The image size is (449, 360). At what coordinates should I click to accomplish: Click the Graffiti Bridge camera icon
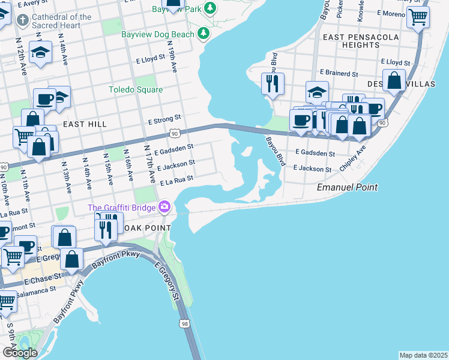[164, 208]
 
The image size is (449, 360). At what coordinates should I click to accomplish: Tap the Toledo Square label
[136, 90]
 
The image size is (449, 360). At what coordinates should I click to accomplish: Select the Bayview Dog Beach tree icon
[205, 33]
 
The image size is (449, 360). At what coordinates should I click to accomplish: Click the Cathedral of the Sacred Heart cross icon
[23, 21]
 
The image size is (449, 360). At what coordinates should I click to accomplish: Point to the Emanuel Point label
[347, 188]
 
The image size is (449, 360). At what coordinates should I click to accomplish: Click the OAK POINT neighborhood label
[146, 229]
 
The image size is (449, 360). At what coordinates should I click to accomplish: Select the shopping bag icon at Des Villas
[394, 81]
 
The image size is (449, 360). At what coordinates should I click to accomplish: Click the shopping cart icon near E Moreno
[418, 17]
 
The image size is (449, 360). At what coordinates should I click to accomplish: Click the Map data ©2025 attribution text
[423, 355]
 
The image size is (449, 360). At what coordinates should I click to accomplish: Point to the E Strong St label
[165, 121]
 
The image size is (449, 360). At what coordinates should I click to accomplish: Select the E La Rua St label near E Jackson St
[175, 179]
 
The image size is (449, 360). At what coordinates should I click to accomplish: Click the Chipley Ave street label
[353, 157]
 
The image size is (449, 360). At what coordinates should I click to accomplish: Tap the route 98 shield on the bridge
[184, 324]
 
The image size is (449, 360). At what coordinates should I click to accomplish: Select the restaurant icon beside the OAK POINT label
[106, 229]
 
